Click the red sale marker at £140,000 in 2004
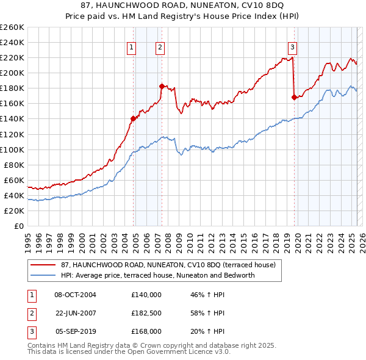tap(133, 118)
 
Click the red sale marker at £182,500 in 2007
tap(162, 86)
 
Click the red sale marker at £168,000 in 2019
tap(294, 97)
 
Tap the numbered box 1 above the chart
tap(132, 48)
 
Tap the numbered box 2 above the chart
tap(160, 48)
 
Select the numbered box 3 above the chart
tap(292, 48)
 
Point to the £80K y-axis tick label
tap(14, 165)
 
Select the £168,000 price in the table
tap(146, 332)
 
